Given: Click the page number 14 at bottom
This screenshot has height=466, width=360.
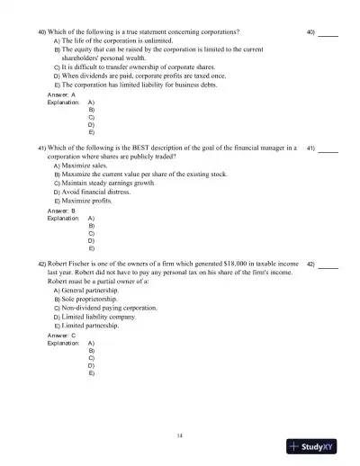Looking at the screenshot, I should [180, 435].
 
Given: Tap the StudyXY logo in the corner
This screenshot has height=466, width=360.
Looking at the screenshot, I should [319, 445].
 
